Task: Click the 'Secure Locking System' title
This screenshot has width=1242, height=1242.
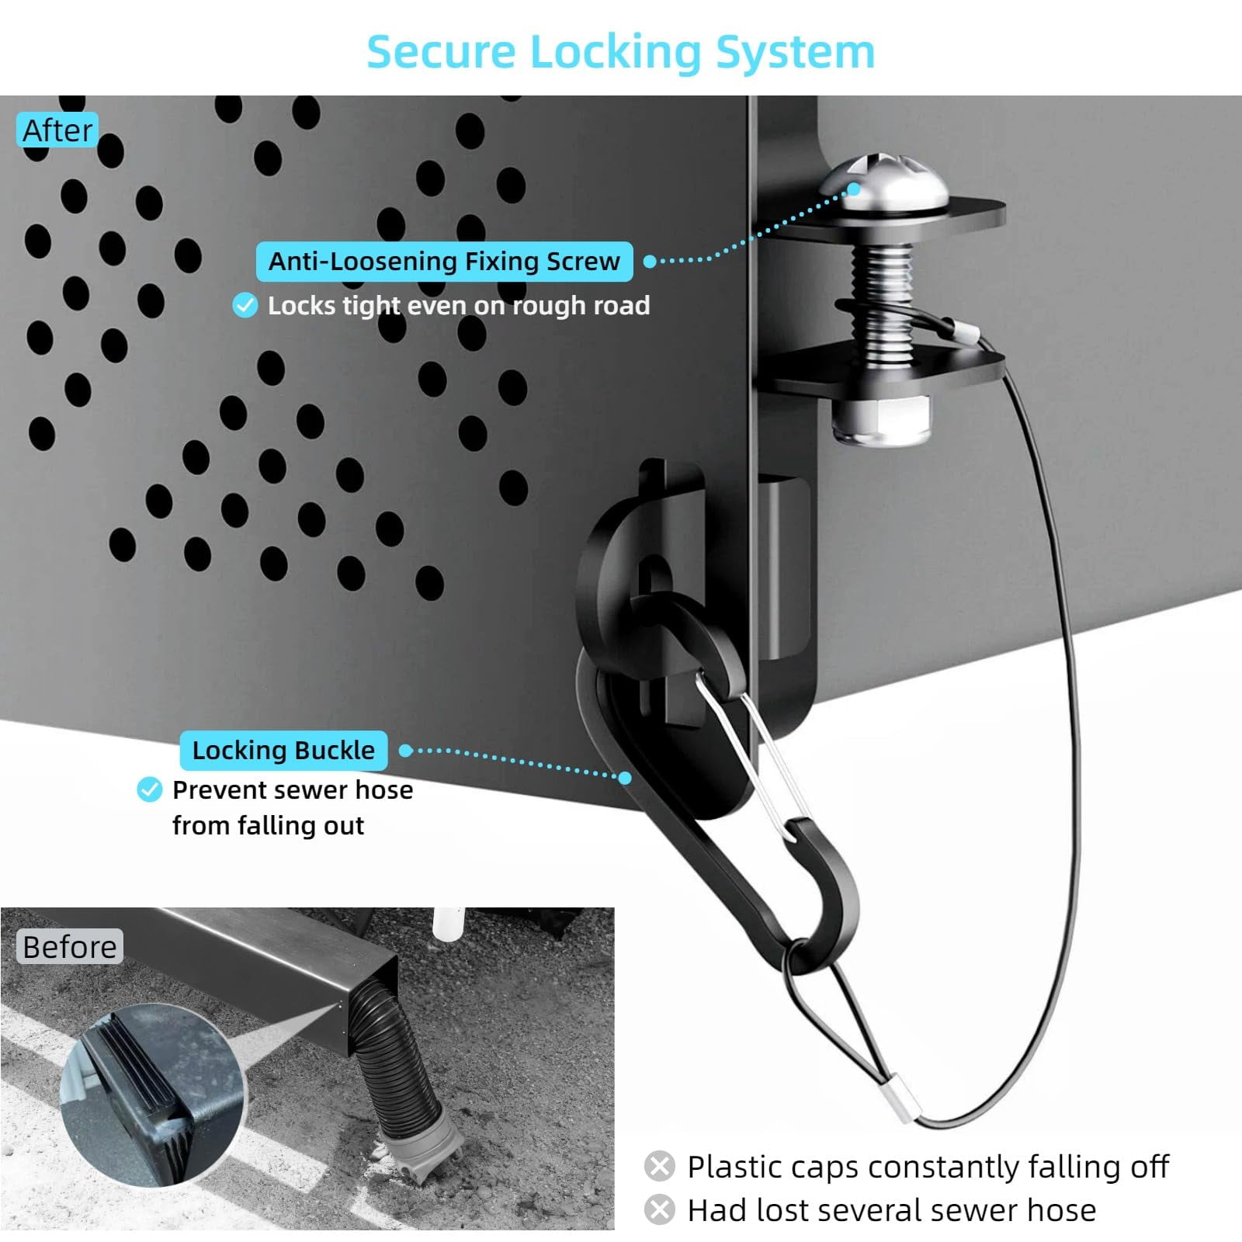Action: [x=620, y=52]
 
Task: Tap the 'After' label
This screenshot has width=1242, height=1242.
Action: [x=57, y=130]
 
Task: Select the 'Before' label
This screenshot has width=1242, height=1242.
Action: [x=69, y=946]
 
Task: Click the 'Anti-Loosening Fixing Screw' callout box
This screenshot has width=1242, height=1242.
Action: [x=444, y=262]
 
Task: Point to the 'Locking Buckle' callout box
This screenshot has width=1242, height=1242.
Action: [x=283, y=751]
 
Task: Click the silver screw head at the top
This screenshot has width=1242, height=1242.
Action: [x=884, y=182]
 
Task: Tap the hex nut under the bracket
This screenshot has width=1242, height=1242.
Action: [x=881, y=420]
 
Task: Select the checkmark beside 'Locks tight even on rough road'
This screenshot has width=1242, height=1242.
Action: [x=245, y=305]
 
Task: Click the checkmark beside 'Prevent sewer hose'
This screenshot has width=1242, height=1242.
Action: [x=149, y=789]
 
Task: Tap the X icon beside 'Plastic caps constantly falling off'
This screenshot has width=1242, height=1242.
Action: [x=659, y=1166]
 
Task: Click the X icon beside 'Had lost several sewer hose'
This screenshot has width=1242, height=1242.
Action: [x=659, y=1209]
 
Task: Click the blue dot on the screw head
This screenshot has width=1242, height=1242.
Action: [x=854, y=189]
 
